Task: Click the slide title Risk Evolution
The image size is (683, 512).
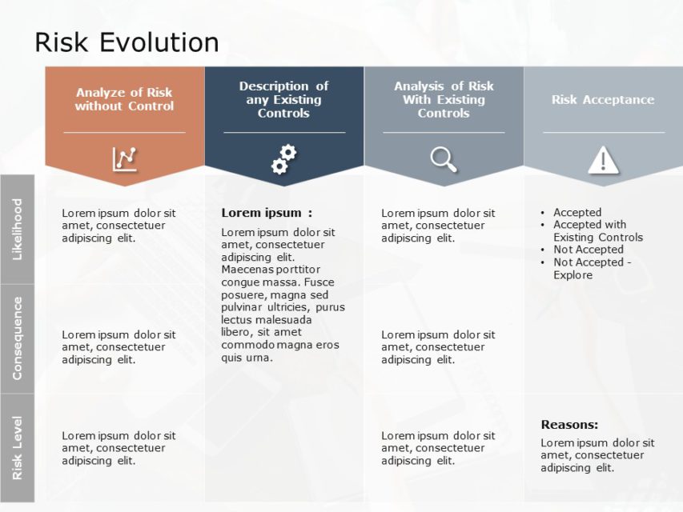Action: click(x=127, y=42)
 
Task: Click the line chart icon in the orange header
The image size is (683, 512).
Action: click(x=124, y=159)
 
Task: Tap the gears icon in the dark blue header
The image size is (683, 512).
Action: click(x=283, y=159)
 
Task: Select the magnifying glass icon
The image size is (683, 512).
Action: click(x=443, y=159)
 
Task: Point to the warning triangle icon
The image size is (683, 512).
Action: click(x=603, y=160)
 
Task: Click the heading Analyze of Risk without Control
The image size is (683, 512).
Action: click(x=124, y=99)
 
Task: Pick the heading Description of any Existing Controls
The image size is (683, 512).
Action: click(x=283, y=99)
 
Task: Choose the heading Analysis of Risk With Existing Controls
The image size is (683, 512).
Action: click(x=443, y=99)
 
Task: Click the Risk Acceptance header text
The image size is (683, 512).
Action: click(x=602, y=100)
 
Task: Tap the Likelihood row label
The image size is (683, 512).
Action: click(x=18, y=230)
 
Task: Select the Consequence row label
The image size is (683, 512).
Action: click(x=18, y=338)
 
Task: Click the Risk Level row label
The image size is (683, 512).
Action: click(x=18, y=448)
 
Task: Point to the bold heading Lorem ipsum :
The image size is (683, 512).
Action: click(x=267, y=213)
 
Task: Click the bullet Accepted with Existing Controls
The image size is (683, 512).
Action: click(x=597, y=231)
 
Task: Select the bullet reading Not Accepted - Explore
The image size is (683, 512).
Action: click(x=592, y=268)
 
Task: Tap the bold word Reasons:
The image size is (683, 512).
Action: click(x=569, y=425)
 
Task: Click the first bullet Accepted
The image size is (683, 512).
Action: click(x=577, y=212)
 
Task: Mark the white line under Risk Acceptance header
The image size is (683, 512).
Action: click(x=603, y=133)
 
